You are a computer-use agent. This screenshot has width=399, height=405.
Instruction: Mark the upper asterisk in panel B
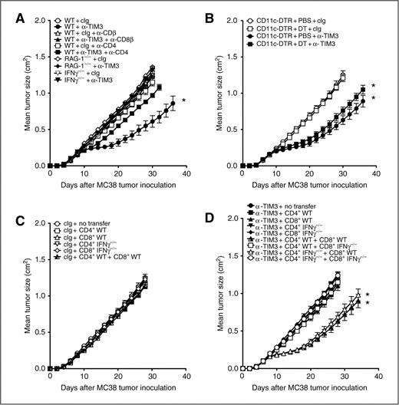coord(373,86)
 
